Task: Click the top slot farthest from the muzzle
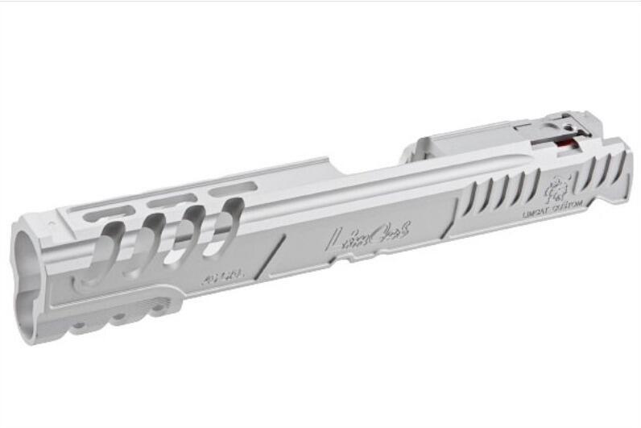(226, 189)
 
